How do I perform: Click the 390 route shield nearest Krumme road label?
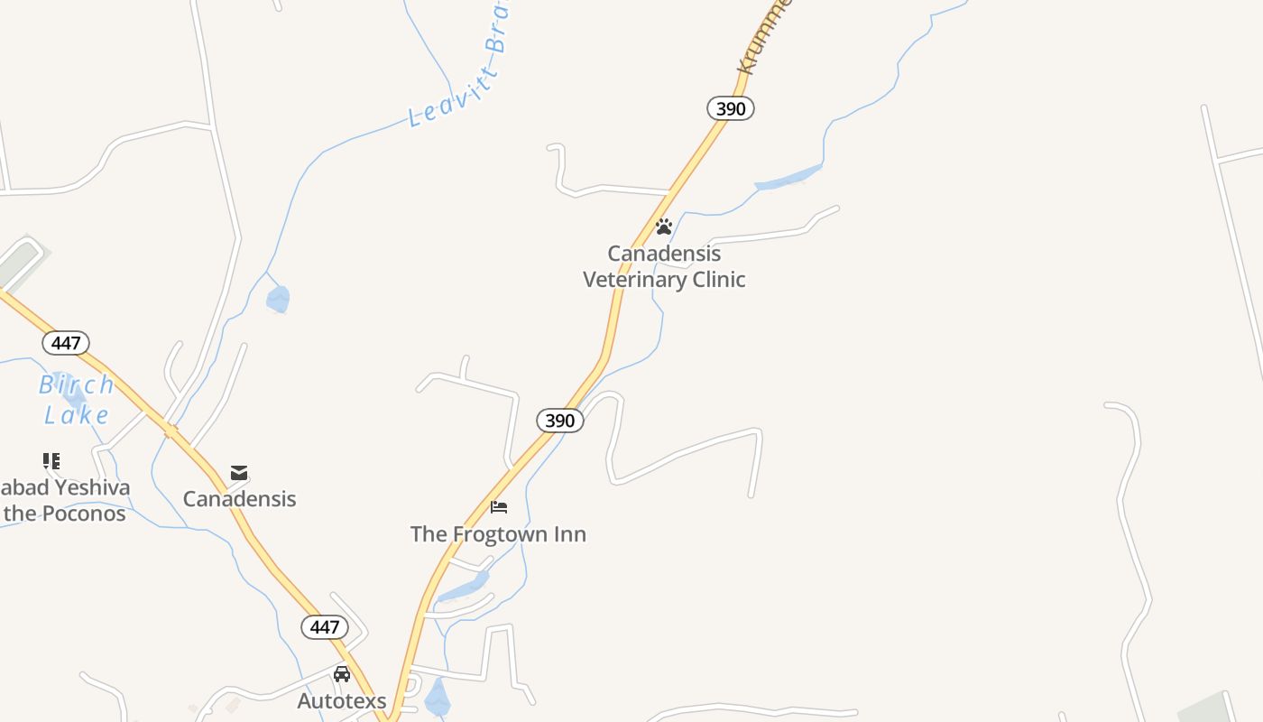click(x=730, y=109)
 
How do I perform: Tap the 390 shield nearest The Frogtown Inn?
click(x=559, y=421)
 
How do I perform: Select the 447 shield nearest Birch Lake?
click(x=66, y=343)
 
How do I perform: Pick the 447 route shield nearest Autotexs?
click(x=324, y=627)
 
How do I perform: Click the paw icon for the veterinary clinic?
click(x=664, y=227)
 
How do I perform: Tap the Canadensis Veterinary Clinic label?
click(x=664, y=266)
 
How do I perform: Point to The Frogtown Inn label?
click(x=498, y=534)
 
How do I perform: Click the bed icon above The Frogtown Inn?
click(x=499, y=507)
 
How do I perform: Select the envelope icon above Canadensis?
click(x=239, y=473)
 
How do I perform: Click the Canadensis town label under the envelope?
click(x=239, y=499)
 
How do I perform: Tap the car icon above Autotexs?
click(x=342, y=674)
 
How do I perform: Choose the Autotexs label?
click(x=342, y=700)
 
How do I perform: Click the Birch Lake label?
click(x=77, y=400)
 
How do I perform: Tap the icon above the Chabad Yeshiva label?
click(x=51, y=461)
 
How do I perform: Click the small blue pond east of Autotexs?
click(x=438, y=698)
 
